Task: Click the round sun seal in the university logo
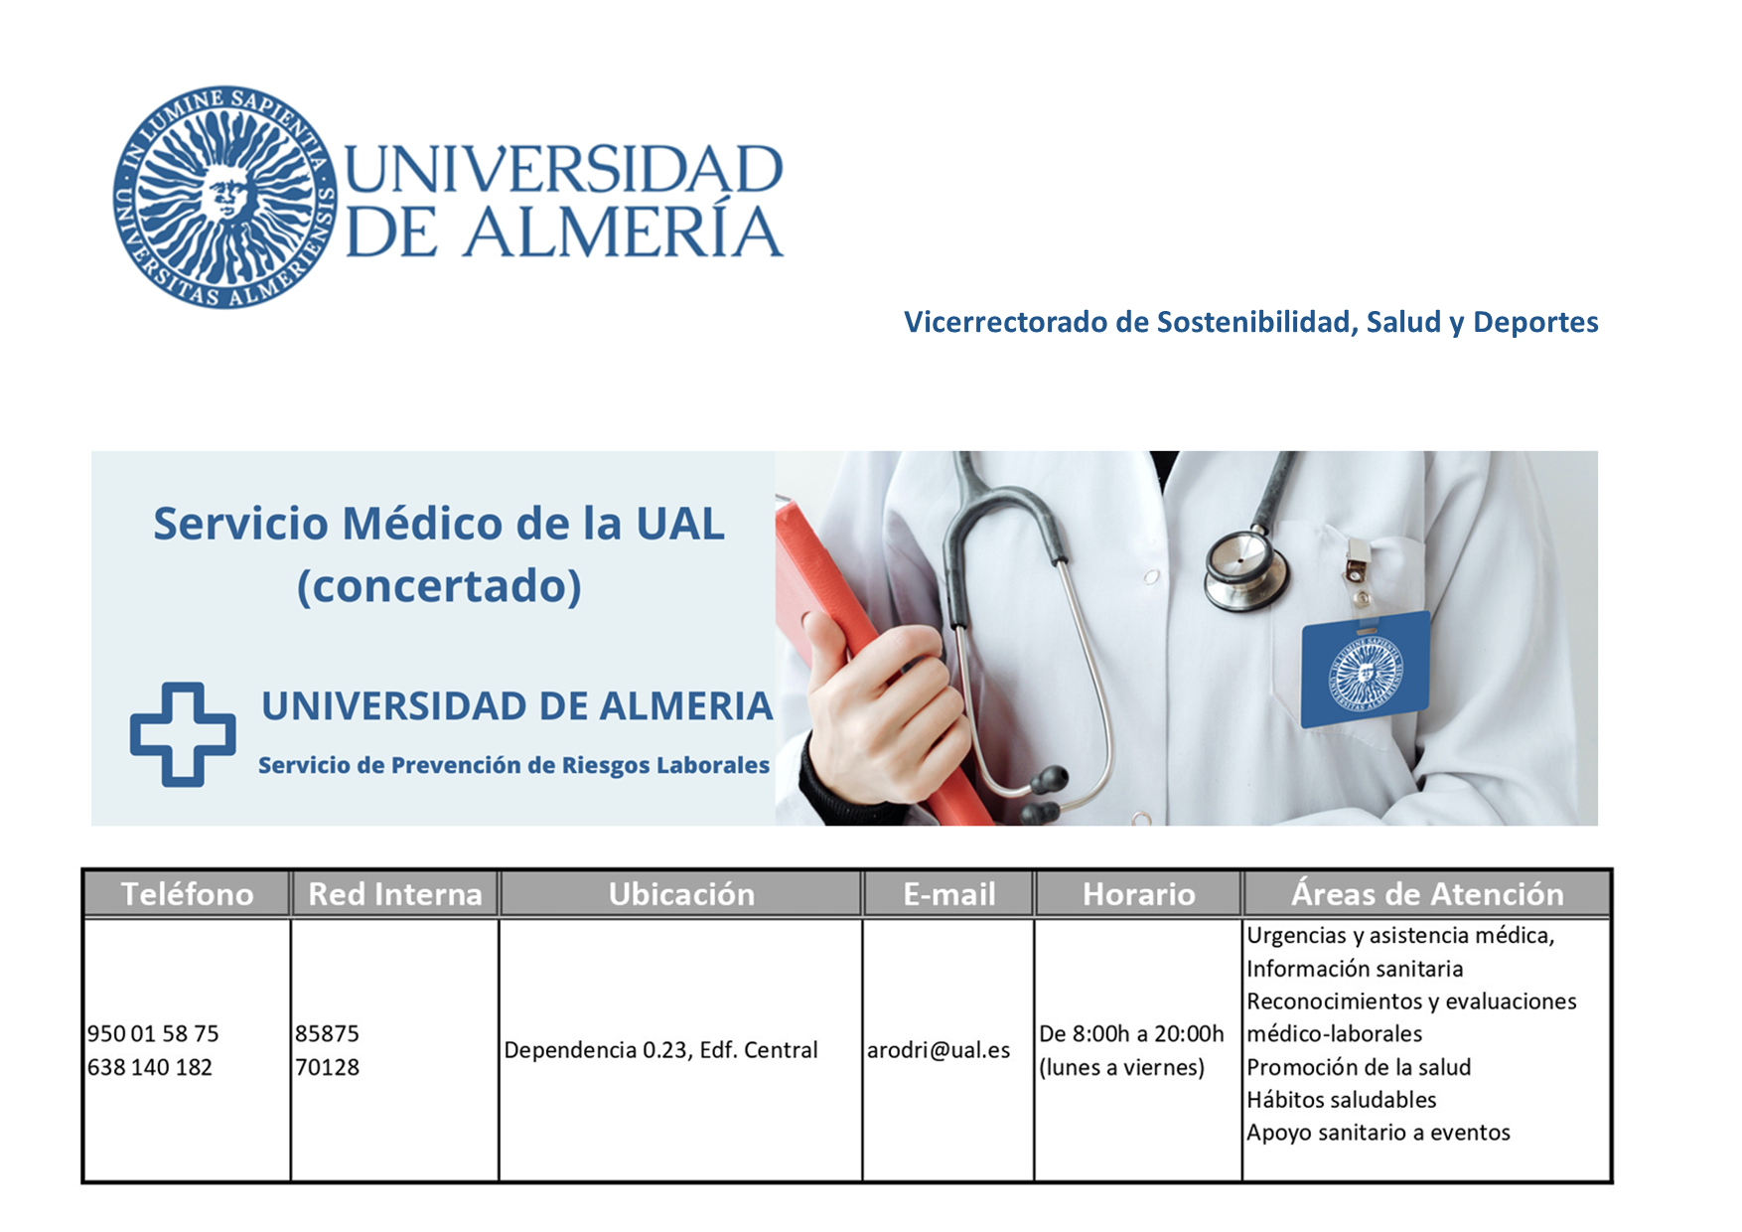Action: click(225, 197)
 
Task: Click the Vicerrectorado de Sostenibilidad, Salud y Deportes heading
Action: click(1250, 322)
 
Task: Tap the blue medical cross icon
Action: click(183, 734)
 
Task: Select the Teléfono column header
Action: click(188, 894)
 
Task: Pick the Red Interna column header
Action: click(395, 894)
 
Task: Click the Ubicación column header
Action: click(681, 894)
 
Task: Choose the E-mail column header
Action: click(948, 894)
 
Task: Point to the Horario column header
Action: click(1138, 894)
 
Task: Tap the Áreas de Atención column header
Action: click(1427, 894)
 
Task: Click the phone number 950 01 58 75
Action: click(153, 1033)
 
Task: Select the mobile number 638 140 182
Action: click(150, 1067)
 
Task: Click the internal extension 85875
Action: click(327, 1033)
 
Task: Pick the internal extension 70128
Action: click(327, 1067)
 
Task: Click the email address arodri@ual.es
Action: click(939, 1050)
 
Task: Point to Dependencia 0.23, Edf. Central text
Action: click(660, 1050)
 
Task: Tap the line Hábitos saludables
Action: click(1342, 1100)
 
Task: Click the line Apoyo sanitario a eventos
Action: click(1379, 1133)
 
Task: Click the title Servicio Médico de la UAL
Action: click(439, 524)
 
